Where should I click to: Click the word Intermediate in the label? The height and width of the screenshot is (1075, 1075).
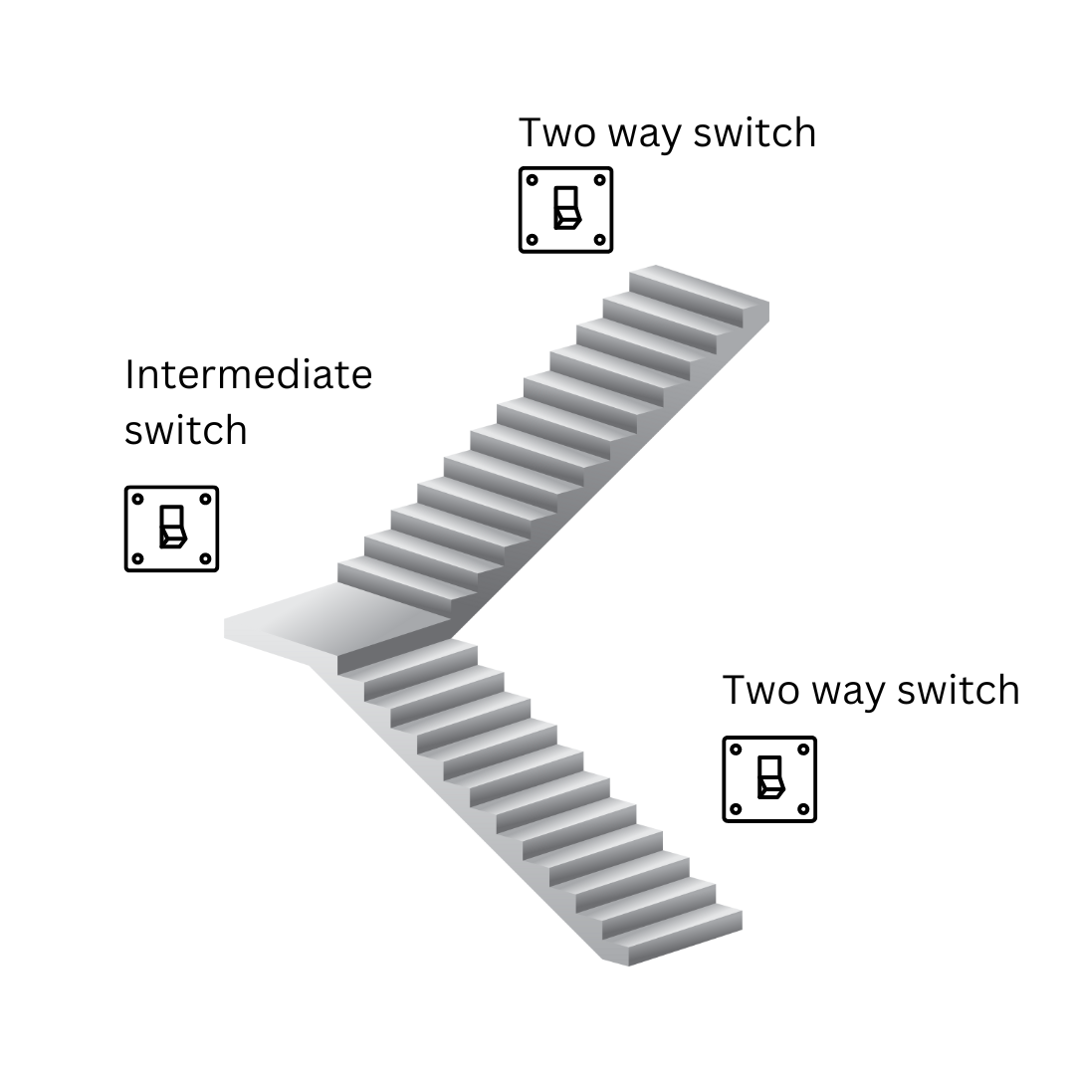pos(248,375)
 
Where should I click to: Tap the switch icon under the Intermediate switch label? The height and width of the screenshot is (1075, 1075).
pos(171,529)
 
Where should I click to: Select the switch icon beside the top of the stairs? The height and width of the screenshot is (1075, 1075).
pos(565,209)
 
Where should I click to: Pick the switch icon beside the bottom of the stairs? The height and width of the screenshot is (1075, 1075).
pos(769,779)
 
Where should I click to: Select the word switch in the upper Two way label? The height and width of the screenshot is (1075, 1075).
pos(754,133)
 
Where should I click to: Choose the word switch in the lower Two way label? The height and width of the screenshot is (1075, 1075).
pos(959,691)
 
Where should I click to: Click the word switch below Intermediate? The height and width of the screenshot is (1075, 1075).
pos(185,430)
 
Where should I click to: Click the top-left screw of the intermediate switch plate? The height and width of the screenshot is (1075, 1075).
pos(137,499)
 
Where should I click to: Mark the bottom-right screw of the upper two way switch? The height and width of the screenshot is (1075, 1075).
pos(599,240)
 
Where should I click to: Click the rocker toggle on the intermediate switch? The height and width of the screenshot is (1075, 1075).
pos(172,528)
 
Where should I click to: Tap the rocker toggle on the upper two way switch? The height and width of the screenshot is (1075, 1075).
pos(566,208)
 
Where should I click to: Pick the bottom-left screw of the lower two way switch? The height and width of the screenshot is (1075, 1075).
pos(736,809)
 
